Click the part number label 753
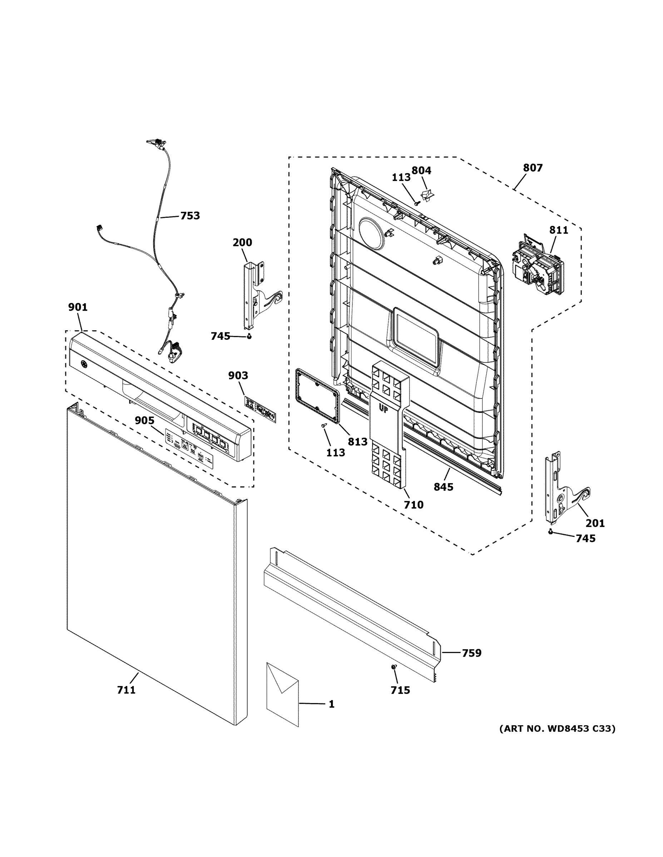click(x=190, y=216)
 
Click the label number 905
click(x=144, y=420)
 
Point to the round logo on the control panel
click(x=83, y=364)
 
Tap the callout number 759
click(x=471, y=653)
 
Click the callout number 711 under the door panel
click(x=126, y=701)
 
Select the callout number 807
click(x=533, y=168)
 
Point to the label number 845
click(x=444, y=487)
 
